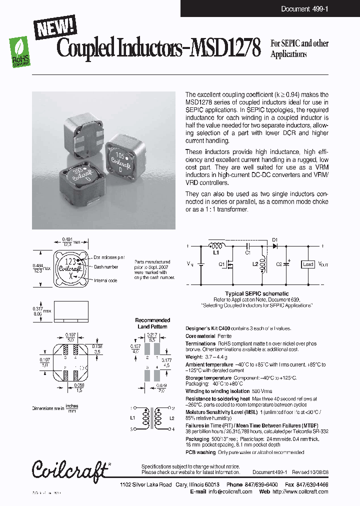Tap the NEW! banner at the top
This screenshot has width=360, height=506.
point(55,27)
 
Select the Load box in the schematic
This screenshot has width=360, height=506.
point(307,264)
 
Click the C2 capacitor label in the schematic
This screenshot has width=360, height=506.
point(278,264)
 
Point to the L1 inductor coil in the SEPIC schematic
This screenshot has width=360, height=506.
point(216,246)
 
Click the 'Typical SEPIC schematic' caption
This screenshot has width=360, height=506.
point(257,294)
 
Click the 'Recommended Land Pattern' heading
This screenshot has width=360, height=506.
point(153,323)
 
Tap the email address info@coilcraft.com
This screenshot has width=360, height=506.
point(230,491)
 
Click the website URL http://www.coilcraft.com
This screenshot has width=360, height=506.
point(299,491)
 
